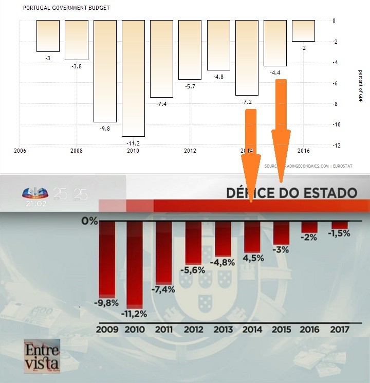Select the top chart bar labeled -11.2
coord(133,77)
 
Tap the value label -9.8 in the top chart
coord(105,128)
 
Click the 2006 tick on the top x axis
coord(20,151)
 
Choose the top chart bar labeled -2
coord(303,30)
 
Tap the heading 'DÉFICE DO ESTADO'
coord(291,193)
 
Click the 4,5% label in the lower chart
coord(252,258)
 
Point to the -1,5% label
coord(340,233)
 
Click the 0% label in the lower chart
coord(89,221)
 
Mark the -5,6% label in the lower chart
coord(193,270)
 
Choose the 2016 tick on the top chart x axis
coord(303,151)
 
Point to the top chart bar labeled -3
coord(48,35)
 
